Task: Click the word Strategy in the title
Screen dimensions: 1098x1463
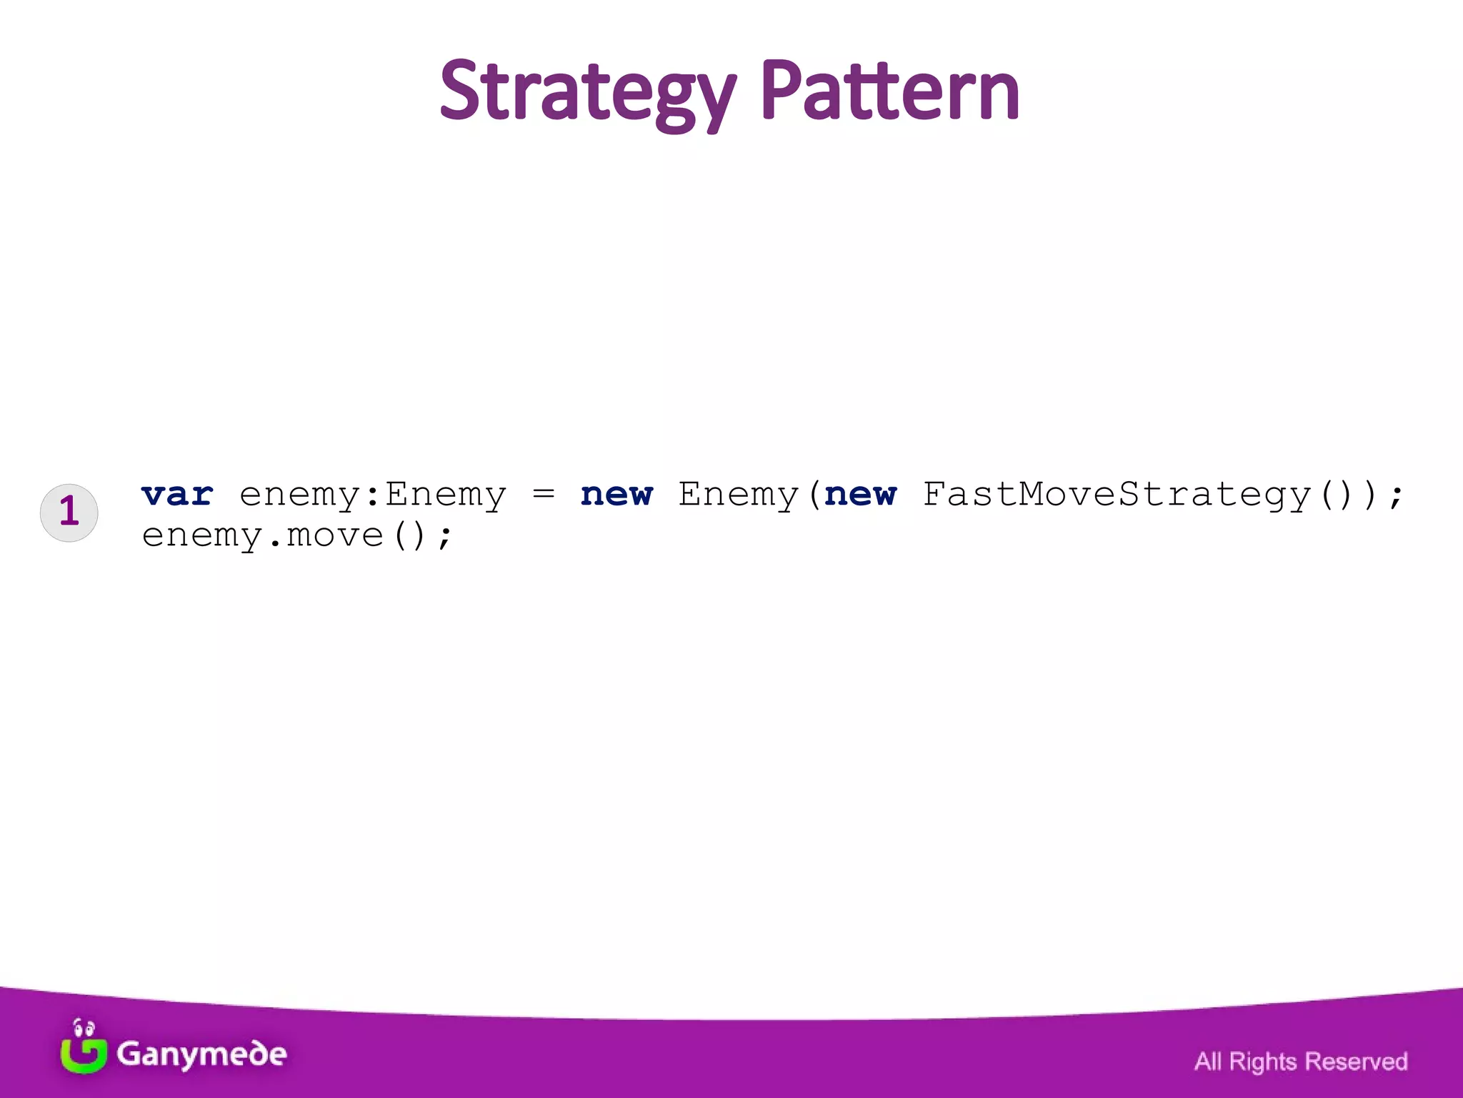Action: [587, 93]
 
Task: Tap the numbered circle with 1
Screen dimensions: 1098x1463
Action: [69, 512]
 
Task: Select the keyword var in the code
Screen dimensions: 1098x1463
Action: [177, 495]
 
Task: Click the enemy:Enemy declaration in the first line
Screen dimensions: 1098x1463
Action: [372, 495]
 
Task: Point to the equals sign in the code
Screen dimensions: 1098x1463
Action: [544, 493]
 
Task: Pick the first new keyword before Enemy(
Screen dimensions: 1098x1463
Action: [616, 495]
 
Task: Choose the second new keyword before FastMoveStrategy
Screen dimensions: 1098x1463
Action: [860, 495]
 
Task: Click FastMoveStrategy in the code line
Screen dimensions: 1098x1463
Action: [1117, 495]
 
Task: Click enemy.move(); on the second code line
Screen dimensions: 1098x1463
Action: [296, 535]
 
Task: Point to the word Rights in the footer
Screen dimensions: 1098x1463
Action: [1262, 1062]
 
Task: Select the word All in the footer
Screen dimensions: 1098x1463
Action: [1207, 1062]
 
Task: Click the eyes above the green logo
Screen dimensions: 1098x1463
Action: [84, 1029]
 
